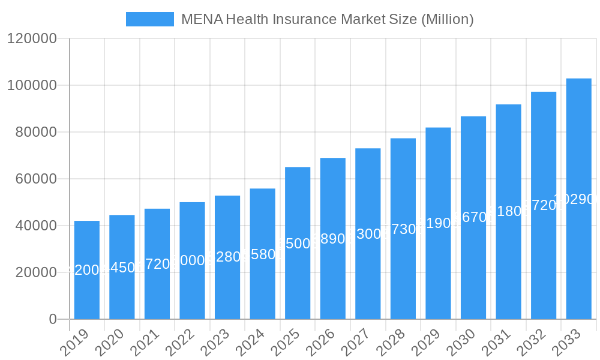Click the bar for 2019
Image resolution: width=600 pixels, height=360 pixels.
(x=87, y=270)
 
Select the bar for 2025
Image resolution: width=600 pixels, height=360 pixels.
(x=298, y=243)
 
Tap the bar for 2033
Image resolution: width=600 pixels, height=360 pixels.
(x=578, y=199)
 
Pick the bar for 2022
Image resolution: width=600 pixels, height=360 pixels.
(x=192, y=260)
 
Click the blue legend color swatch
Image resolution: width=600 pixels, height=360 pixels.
(x=149, y=19)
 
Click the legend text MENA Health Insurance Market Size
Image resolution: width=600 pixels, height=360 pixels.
(x=327, y=19)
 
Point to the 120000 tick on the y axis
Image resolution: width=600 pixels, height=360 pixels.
(x=31, y=39)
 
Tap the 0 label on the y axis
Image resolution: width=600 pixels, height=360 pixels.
(x=53, y=319)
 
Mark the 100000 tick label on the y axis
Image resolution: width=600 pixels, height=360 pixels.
(x=31, y=85)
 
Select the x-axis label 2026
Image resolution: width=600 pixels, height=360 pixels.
(x=320, y=343)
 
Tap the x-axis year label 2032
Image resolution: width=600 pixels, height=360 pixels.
(x=530, y=343)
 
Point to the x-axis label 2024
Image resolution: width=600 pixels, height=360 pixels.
(x=250, y=343)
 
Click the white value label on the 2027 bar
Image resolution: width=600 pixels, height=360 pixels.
(x=368, y=234)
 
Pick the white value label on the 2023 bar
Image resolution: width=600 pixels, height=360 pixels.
(x=227, y=257)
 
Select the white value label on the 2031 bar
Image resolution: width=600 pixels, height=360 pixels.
(x=508, y=211)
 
